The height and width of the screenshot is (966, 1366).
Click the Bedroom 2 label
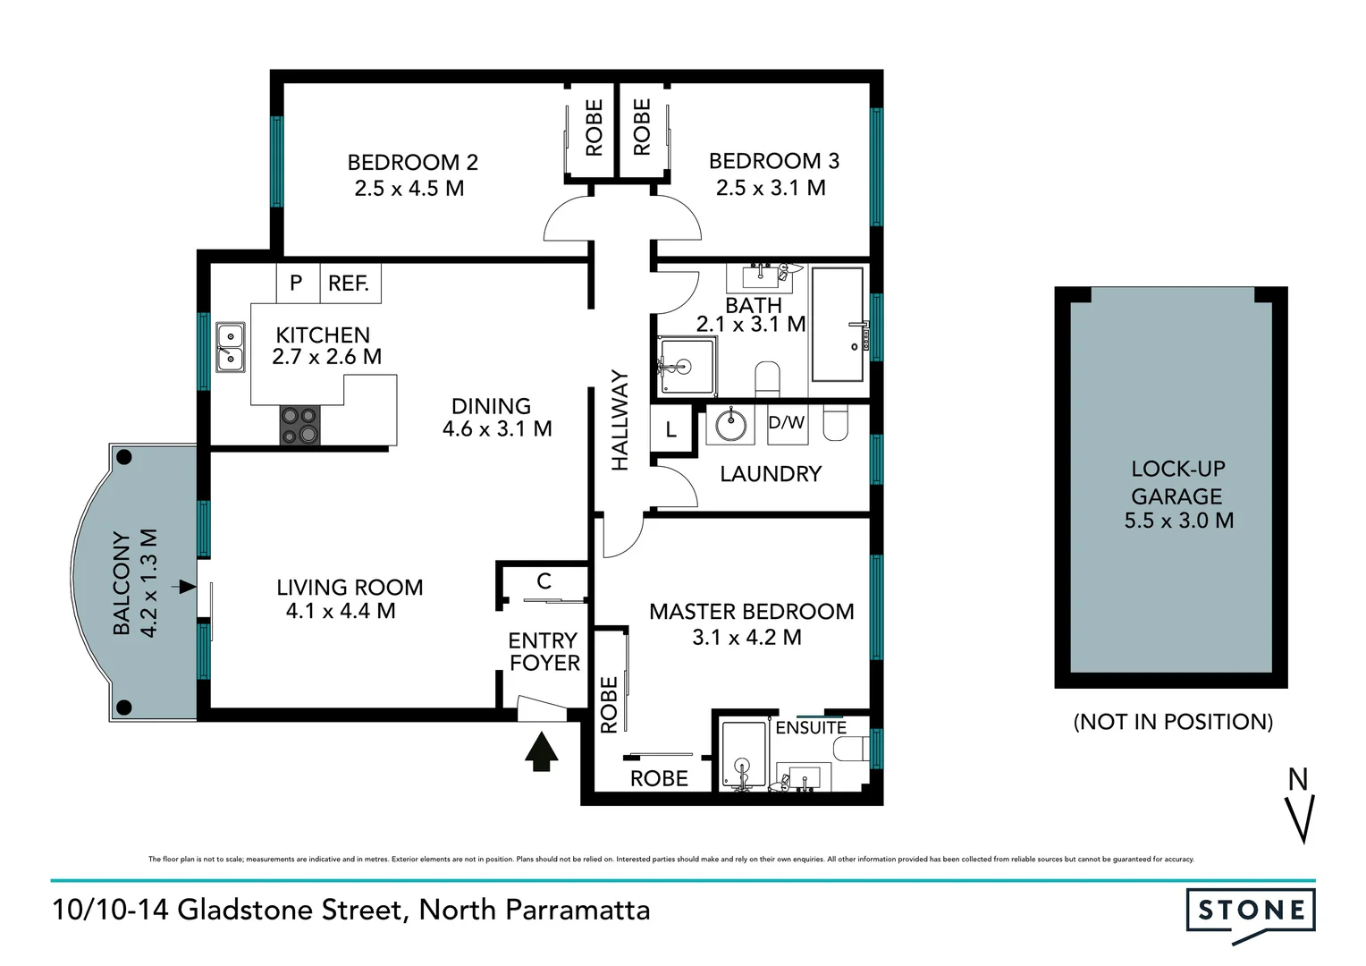(x=412, y=162)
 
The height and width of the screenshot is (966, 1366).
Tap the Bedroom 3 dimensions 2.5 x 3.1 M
(x=771, y=188)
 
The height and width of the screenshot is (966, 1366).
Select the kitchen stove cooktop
(x=300, y=425)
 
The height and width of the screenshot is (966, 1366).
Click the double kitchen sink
(x=230, y=347)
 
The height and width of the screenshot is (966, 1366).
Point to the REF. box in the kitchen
(x=349, y=284)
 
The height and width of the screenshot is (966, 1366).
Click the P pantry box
(x=296, y=284)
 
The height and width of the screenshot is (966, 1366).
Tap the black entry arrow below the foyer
(x=541, y=751)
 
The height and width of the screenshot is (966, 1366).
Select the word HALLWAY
(x=620, y=420)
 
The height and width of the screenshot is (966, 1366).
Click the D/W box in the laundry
(x=787, y=422)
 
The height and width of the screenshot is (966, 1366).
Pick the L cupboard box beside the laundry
(x=670, y=430)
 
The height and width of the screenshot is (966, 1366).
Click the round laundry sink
(x=731, y=424)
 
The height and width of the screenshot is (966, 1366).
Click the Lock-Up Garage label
(x=1177, y=482)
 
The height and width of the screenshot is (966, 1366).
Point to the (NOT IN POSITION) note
(x=1173, y=722)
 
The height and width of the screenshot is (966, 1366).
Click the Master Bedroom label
(x=751, y=612)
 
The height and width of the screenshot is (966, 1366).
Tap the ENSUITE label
(x=811, y=728)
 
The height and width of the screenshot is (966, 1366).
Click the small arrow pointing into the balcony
(x=186, y=587)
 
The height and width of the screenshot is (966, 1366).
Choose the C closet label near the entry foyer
(x=544, y=581)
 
